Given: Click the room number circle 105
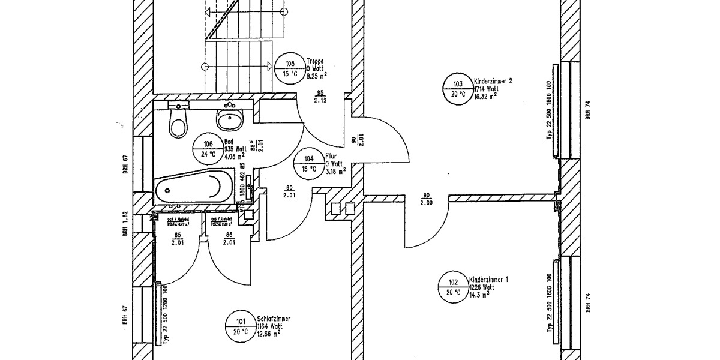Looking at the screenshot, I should (x=290, y=69).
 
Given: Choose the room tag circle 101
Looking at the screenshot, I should (x=241, y=326).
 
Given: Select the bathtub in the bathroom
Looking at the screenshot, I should (x=194, y=187).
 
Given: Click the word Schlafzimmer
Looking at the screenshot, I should (x=274, y=319).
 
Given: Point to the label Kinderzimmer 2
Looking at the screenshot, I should (x=493, y=80).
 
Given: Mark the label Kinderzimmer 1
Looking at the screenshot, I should (x=488, y=280).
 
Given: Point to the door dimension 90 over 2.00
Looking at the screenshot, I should (x=427, y=199).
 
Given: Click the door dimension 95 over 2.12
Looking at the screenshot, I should (x=320, y=97).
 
